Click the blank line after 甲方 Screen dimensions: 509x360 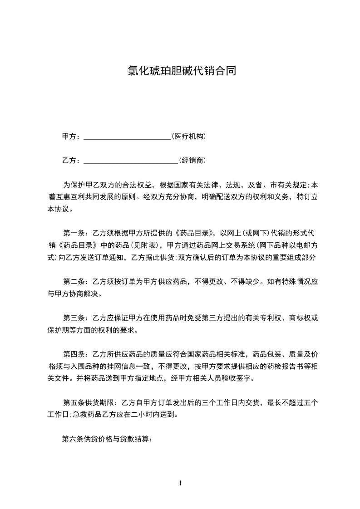click(127, 137)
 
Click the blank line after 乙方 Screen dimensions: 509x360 click(131, 161)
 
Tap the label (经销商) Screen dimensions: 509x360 click(192, 160)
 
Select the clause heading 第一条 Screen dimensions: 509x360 click(74, 233)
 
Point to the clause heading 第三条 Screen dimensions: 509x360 click(74, 318)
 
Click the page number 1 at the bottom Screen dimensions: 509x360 click(180, 483)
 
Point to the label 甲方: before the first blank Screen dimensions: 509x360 click(71, 136)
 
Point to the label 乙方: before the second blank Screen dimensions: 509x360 click(71, 160)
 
